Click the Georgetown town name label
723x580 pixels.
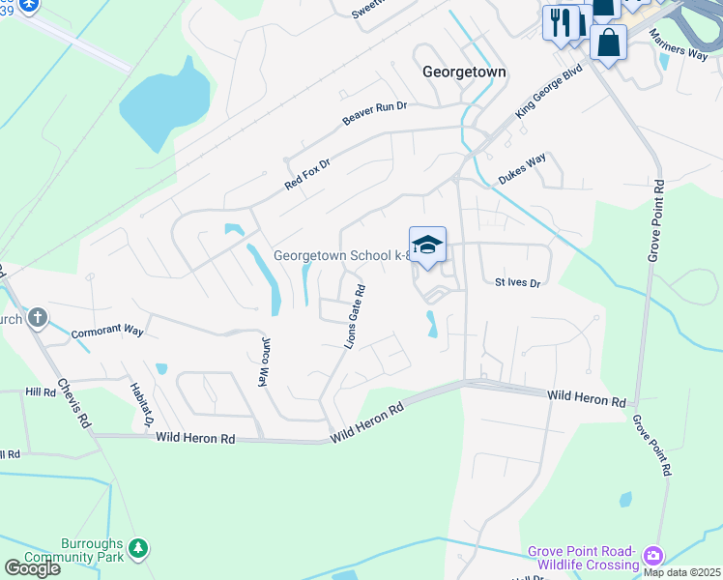(464, 72)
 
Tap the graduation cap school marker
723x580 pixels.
(427, 246)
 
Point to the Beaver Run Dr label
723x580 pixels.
(375, 114)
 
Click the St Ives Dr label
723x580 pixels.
(517, 282)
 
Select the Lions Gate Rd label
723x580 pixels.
(354, 316)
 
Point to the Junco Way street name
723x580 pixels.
(264, 362)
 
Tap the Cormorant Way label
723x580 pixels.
(107, 332)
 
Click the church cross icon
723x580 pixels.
(37, 317)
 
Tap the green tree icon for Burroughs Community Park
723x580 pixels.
(138, 548)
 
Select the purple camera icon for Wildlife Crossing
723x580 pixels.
(653, 555)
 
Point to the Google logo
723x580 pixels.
(32, 568)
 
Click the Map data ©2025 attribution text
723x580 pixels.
(681, 572)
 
